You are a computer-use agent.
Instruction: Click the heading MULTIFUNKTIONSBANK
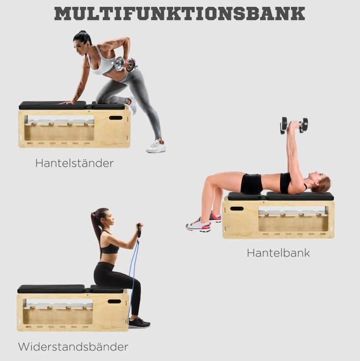[x=179, y=14]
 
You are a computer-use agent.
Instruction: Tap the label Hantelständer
[x=74, y=163]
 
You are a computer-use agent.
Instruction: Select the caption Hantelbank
[x=278, y=253]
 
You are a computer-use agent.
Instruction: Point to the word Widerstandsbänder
[x=73, y=347]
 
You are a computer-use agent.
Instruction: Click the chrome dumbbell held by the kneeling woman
[x=125, y=64]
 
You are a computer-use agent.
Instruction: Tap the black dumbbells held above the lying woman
[x=294, y=125]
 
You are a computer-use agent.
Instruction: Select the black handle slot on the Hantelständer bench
[x=116, y=118]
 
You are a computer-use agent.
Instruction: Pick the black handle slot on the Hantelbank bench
[x=237, y=209]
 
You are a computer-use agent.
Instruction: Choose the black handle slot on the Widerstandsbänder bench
[x=114, y=301]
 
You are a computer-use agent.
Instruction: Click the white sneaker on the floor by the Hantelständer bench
[x=156, y=146]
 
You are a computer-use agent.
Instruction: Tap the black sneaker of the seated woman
[x=139, y=323]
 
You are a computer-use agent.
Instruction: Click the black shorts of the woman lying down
[x=251, y=183]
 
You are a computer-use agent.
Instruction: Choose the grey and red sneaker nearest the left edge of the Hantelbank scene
[x=198, y=225]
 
